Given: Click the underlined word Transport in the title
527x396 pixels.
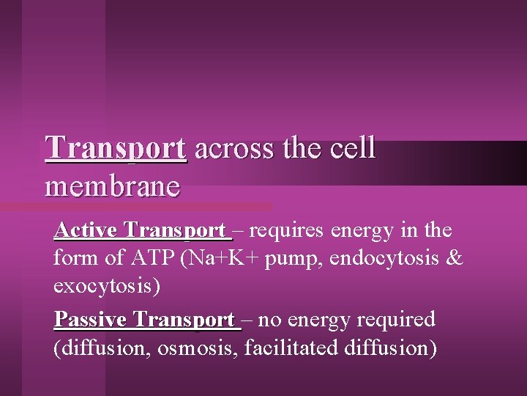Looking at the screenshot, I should pos(116,149).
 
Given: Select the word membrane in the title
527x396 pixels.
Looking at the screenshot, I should pos(112,186).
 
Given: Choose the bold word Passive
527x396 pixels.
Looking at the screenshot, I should pos(92,320).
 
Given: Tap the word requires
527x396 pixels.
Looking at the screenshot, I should pos(288,231).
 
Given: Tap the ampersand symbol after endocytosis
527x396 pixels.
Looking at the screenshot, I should pos(455,259).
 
